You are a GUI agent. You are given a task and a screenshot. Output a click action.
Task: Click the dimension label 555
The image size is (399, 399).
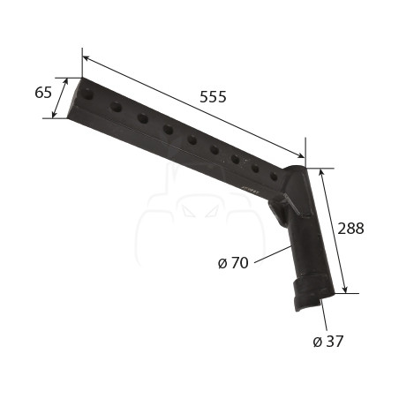pos(213,97)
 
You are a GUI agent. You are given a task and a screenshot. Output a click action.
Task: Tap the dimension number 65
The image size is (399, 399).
pos(43,93)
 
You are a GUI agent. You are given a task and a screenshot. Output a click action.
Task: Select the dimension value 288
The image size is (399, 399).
pos(350,229)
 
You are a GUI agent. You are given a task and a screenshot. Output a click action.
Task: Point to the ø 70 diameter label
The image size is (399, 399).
pos(233,263)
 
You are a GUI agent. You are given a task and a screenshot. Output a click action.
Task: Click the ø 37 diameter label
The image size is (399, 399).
pos(328,342)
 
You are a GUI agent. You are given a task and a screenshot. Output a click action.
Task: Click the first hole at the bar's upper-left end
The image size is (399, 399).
pos(87,94)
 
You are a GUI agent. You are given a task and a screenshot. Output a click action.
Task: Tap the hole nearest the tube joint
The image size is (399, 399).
pos(274,177)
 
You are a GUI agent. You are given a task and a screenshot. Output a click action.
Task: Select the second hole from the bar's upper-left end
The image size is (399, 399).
pos(116,107)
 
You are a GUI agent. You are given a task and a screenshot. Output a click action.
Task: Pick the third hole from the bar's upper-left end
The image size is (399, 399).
pos(143,118)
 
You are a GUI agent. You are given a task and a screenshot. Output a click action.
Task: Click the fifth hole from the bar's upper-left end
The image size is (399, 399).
pos(192,139)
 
